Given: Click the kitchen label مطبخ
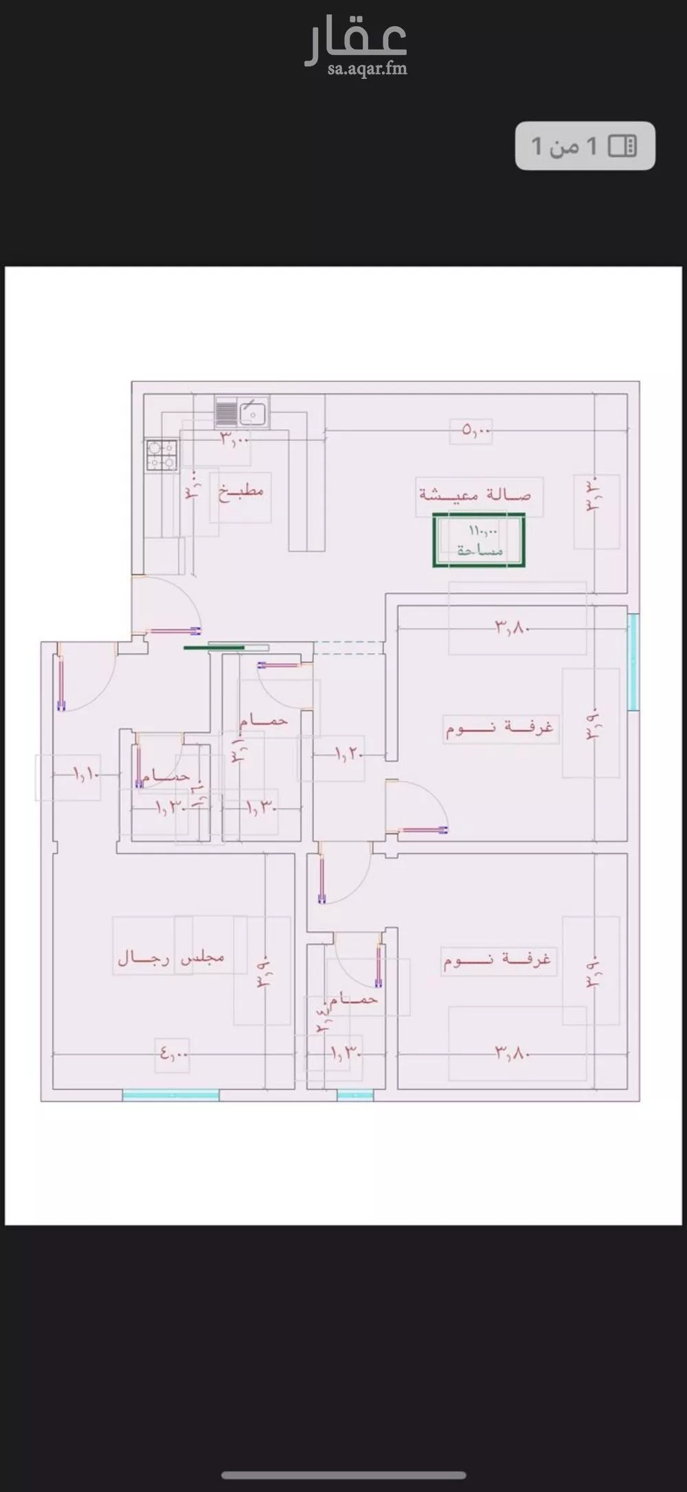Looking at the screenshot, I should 241,492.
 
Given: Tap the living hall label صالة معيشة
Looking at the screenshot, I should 475,494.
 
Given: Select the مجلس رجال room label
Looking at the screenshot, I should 171,957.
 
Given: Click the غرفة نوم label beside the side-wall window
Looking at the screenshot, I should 499,727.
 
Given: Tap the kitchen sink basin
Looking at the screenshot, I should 252,413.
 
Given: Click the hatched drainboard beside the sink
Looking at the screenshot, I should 226,412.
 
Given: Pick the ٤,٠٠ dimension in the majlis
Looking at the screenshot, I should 173,1052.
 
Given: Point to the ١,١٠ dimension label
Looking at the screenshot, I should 87,774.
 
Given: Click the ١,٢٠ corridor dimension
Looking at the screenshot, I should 349,755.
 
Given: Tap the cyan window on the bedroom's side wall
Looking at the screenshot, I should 633,661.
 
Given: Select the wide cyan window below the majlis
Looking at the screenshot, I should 170,1096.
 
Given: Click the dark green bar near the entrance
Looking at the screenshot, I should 214,647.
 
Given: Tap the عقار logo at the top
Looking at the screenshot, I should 356,41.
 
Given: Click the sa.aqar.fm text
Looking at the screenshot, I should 367,69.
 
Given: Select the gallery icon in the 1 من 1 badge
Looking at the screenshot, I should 623,146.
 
